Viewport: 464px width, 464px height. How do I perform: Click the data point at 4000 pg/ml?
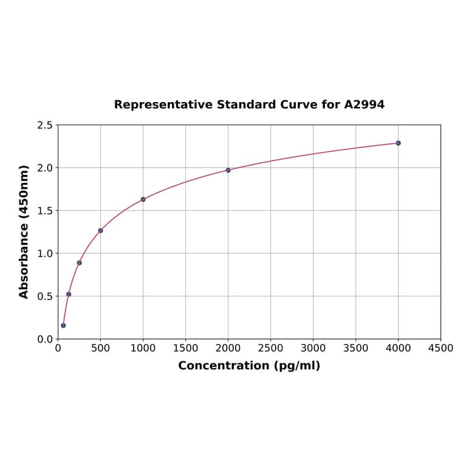(398, 143)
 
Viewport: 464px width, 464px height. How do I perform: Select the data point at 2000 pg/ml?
(228, 170)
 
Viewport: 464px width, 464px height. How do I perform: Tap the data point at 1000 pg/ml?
(143, 199)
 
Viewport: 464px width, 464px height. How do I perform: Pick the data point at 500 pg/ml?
(101, 230)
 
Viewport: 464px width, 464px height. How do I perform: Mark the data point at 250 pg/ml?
(80, 263)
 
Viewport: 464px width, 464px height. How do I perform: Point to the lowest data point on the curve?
(63, 326)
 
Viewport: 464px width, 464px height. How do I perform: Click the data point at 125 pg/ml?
(69, 294)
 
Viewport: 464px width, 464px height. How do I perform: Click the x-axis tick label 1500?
(186, 349)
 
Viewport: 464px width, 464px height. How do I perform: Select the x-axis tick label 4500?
(441, 349)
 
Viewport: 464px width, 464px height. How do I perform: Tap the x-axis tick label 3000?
(313, 349)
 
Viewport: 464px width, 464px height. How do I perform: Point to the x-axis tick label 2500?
(271, 349)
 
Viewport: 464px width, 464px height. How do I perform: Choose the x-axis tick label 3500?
(356, 349)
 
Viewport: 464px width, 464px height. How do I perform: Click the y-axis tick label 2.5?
(45, 125)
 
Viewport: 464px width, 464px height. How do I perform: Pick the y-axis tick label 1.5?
(45, 211)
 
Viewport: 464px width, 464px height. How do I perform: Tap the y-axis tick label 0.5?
(45, 296)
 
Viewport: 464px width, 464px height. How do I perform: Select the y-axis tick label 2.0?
(45, 168)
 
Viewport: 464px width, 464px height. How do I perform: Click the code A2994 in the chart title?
(364, 105)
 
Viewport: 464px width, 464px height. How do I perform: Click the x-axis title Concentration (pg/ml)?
(249, 366)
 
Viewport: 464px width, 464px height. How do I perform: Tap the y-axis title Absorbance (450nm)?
(24, 231)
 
